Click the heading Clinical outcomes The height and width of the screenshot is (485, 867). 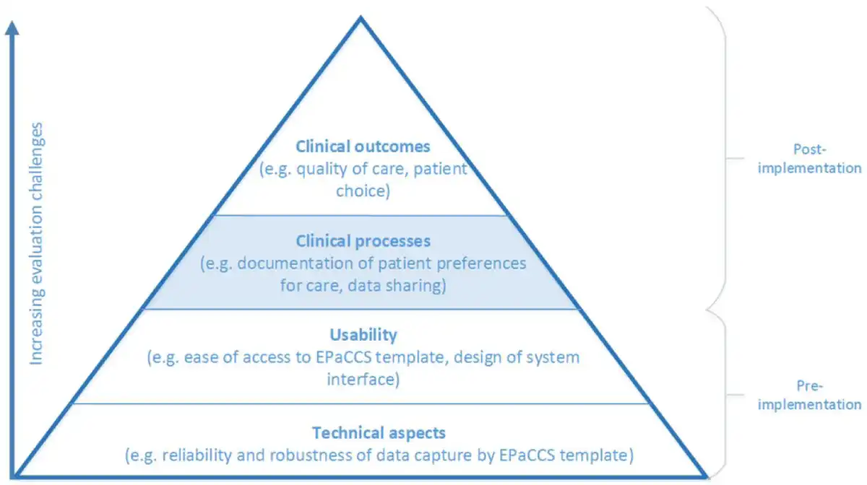pos(363,147)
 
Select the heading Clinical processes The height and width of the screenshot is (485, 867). pos(363,241)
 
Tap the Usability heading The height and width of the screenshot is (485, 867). pos(363,335)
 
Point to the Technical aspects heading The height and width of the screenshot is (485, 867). pos(379,433)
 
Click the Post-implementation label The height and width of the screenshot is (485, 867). pos(809,159)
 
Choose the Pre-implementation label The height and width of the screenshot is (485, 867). pos(809,395)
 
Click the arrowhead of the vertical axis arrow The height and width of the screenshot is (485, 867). pos(12,28)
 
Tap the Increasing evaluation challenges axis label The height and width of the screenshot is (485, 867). pos(36,244)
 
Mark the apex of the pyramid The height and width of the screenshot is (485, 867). pos(361,17)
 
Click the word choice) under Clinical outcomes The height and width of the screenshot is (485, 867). pos(363,191)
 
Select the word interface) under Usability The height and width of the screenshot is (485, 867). pos(363,379)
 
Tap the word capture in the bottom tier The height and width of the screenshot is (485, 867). pos(443,455)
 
